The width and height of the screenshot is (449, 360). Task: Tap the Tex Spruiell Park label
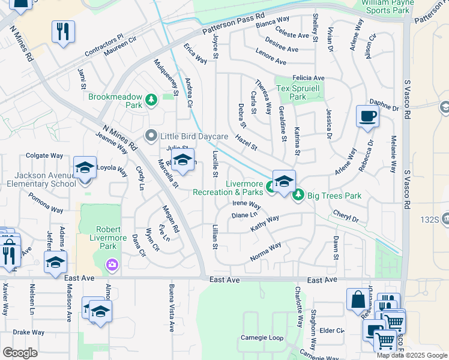pyautogui.click(x=299, y=92)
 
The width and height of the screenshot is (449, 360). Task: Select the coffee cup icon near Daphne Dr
pyautogui.click(x=367, y=116)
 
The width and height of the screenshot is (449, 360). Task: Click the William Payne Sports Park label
pyautogui.click(x=387, y=7)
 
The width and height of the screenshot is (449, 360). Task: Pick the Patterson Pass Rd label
pyautogui.click(x=233, y=23)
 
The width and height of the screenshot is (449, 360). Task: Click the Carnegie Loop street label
pyautogui.click(x=262, y=338)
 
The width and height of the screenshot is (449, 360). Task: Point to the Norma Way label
pyautogui.click(x=265, y=252)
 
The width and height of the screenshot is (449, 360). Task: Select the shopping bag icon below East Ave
pyautogui.click(x=358, y=299)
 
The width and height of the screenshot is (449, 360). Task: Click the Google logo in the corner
pyautogui.click(x=20, y=353)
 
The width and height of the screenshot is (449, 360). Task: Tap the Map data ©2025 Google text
pyautogui.click(x=411, y=355)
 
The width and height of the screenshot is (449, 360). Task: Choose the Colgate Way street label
pyautogui.click(x=44, y=155)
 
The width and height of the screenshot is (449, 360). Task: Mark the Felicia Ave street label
pyautogui.click(x=309, y=78)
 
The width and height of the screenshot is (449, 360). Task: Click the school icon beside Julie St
pyautogui.click(x=183, y=160)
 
